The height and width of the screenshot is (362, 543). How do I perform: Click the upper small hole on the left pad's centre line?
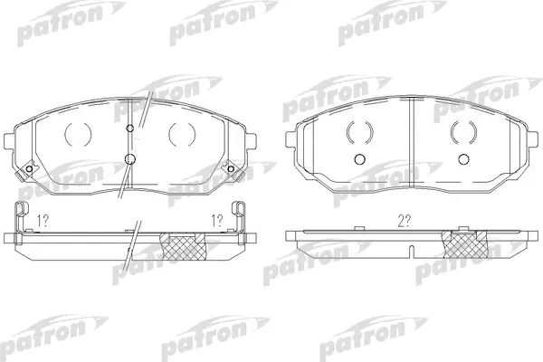click(129, 129)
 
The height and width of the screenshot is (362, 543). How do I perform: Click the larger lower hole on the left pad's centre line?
click(129, 159)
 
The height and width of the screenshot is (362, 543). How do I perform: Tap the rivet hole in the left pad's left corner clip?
click(29, 168)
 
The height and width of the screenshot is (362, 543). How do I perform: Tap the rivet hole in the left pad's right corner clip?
click(231, 168)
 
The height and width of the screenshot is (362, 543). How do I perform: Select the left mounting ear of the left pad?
click(9, 141)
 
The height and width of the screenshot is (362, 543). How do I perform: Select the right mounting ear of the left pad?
click(251, 141)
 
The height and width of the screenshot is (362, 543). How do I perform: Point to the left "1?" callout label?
click(43, 221)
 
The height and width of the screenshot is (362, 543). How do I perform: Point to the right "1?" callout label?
click(217, 221)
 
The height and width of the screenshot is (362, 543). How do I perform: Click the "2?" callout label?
click(405, 221)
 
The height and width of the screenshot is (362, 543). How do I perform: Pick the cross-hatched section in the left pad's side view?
click(183, 246)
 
